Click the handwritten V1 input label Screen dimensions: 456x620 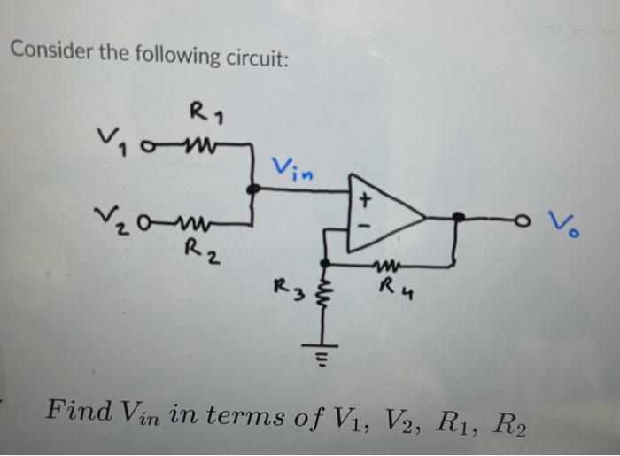coord(113,140)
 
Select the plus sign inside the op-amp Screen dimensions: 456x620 coord(365,199)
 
